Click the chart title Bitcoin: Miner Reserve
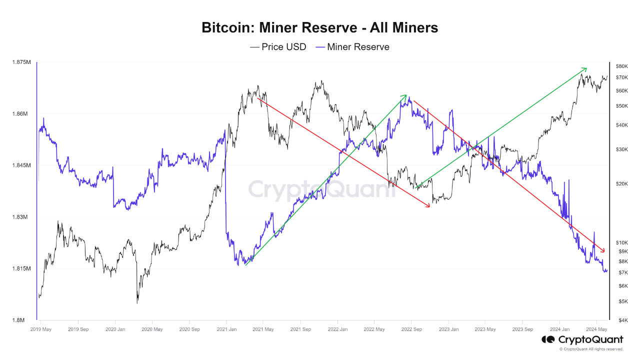(319, 27)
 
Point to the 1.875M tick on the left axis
(21, 62)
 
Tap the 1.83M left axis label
(21, 217)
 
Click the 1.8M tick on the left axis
(23, 320)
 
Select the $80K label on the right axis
(621, 66)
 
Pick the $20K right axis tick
(621, 184)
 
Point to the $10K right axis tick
(621, 242)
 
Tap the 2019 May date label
(41, 329)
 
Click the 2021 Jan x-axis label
(226, 329)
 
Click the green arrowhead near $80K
(584, 69)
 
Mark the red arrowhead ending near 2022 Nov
(427, 205)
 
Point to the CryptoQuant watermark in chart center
(320, 190)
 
